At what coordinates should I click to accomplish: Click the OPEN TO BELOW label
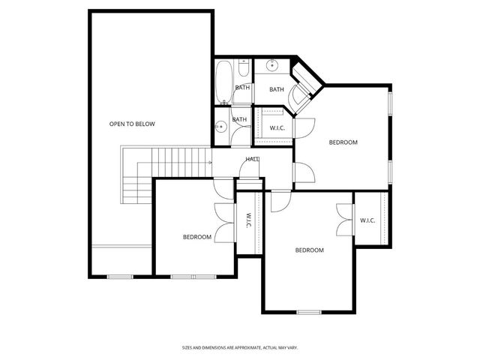tap(132, 124)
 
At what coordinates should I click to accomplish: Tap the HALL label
tap(253, 159)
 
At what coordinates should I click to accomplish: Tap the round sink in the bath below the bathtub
tap(220, 127)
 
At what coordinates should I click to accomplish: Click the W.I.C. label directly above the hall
tap(277, 128)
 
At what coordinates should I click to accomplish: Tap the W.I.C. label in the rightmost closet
tap(367, 220)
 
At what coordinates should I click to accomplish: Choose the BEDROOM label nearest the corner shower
tap(343, 142)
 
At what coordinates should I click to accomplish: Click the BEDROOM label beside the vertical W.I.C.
tap(197, 237)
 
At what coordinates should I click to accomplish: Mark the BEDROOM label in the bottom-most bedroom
tap(309, 250)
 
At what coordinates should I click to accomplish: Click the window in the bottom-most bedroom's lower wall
tap(308, 312)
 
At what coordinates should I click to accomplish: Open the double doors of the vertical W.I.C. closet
tap(220, 221)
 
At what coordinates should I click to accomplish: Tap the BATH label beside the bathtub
tap(242, 88)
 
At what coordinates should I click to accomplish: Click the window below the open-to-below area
tap(120, 277)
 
